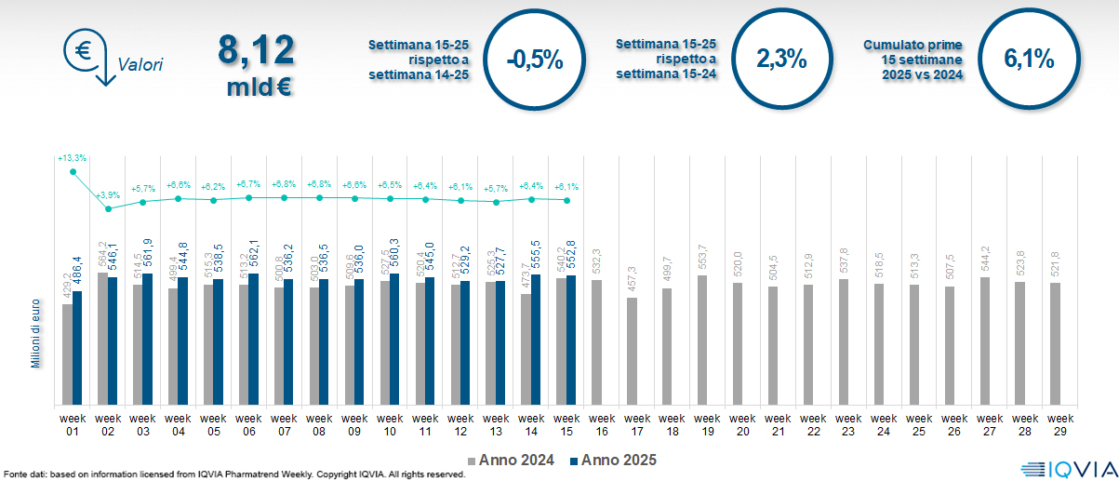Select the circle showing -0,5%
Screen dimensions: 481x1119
click(535, 60)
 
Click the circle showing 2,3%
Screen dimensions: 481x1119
click(780, 59)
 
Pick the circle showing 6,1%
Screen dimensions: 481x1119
click(1029, 59)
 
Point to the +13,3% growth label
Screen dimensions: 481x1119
click(73, 159)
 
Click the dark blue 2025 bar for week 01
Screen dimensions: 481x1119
click(78, 348)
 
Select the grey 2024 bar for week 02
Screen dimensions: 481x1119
click(102, 339)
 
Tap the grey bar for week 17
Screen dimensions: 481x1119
click(633, 352)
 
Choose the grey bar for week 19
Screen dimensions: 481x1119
click(703, 341)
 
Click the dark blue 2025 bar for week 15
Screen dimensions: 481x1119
click(571, 341)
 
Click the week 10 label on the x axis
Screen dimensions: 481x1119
click(390, 423)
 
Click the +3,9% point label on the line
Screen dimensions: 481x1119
click(108, 194)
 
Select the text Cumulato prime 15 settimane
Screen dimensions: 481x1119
click(913, 60)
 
